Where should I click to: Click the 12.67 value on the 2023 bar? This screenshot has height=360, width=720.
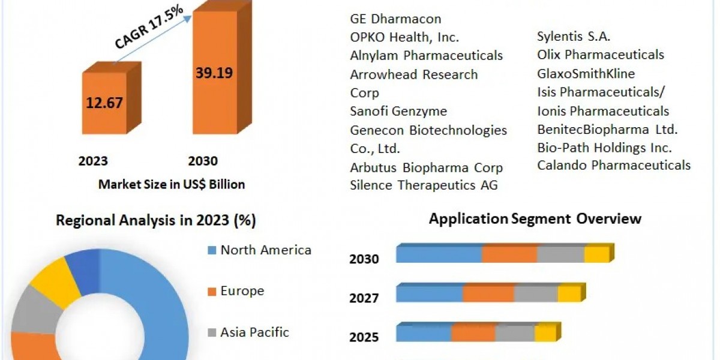(104, 103)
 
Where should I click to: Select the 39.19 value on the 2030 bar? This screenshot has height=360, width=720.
(214, 73)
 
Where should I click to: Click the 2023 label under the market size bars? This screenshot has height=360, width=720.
(93, 161)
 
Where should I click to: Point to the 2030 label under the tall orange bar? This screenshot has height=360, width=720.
(203, 161)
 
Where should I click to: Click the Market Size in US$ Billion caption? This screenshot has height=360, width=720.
(172, 185)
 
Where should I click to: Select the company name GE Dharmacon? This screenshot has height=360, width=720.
(395, 19)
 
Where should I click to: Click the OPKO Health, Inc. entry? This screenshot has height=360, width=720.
(404, 37)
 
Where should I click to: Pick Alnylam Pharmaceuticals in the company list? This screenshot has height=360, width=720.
(427, 56)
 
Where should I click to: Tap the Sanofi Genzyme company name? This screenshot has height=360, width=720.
(398, 112)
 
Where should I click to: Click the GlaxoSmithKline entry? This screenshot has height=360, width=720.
(586, 74)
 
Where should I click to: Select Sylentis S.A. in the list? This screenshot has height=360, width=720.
(574, 36)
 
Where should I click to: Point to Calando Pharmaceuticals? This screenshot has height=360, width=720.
(614, 165)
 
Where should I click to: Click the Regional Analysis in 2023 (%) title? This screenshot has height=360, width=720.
(156, 220)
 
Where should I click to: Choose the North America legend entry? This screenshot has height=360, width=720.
(266, 250)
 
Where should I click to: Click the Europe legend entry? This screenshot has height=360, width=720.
(242, 291)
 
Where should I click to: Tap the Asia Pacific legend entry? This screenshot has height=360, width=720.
(254, 332)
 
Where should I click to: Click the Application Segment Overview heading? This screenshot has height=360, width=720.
(535, 219)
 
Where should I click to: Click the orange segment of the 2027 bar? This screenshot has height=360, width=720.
(488, 294)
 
